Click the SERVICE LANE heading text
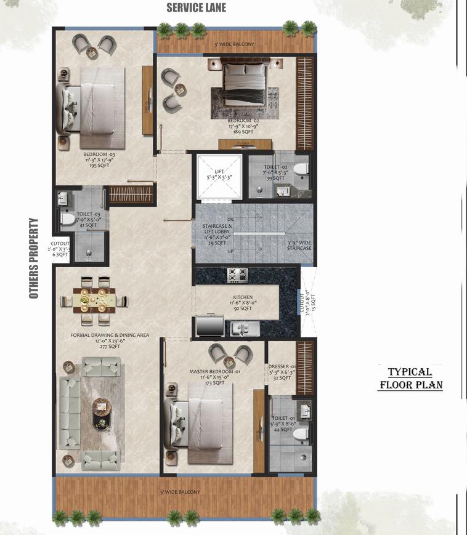pyautogui.click(x=197, y=8)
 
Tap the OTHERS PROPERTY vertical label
pyautogui.click(x=34, y=259)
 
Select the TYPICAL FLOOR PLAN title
pyautogui.click(x=410, y=379)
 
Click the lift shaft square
pyautogui.click(x=219, y=176)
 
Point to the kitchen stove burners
pyautogui.click(x=237, y=275)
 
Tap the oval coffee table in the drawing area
pyautogui.click(x=101, y=413)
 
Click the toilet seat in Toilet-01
pyautogui.click(x=300, y=433)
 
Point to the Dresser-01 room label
pyautogui.click(x=280, y=371)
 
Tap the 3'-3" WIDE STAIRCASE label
pyautogui.click(x=299, y=245)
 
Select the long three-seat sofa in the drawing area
pyautogui.click(x=68, y=412)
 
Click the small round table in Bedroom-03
pyautogui.click(x=92, y=53)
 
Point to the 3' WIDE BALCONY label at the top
pyautogui.click(x=233, y=45)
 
